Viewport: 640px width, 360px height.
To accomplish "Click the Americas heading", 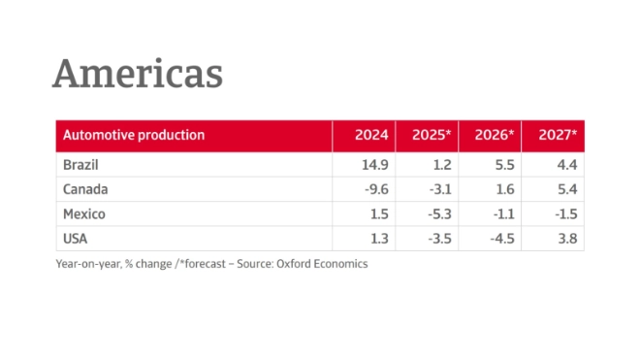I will click(x=137, y=74).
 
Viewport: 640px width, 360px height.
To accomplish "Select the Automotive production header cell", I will click(x=134, y=135).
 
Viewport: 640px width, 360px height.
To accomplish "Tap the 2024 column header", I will click(x=372, y=135).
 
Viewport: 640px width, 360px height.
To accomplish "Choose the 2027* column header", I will click(x=558, y=135).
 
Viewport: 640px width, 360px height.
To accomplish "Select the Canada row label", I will click(x=84, y=189).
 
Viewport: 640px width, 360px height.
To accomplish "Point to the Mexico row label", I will click(x=83, y=213).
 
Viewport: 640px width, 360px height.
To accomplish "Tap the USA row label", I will click(x=76, y=239).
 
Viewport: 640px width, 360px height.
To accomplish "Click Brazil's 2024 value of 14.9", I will click(x=376, y=164).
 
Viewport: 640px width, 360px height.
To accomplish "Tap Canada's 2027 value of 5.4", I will click(x=566, y=189).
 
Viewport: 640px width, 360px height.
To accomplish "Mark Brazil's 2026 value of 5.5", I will click(x=503, y=164).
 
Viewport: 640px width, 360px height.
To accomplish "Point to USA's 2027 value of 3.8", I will click(x=566, y=239).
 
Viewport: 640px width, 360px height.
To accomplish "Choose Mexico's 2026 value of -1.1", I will click(x=500, y=213).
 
